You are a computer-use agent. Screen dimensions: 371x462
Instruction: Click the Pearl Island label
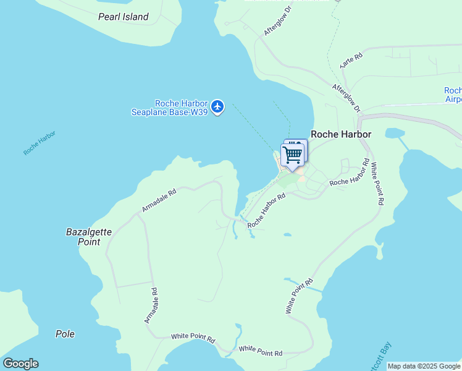124,17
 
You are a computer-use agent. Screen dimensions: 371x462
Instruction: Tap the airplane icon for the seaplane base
217,107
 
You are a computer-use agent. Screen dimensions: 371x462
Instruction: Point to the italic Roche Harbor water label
40,143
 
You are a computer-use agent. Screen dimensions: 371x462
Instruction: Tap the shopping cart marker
292,154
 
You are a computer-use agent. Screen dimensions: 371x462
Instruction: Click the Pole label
65,334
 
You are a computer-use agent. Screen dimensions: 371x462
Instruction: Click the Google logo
20,364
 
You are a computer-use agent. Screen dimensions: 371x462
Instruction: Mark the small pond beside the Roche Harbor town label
393,133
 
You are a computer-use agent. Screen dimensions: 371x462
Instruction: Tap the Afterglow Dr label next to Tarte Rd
346,98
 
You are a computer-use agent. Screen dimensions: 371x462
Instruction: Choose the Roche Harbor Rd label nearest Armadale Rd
266,211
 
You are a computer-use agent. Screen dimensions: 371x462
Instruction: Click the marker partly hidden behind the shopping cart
301,144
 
